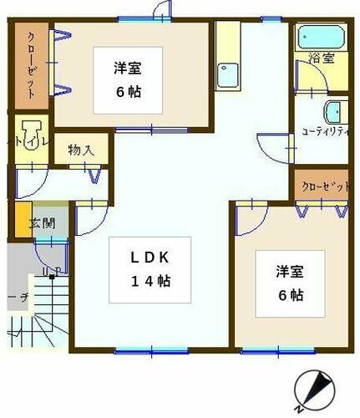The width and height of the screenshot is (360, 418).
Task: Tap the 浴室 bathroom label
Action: (x=321, y=59)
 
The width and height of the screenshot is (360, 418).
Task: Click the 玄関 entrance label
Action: (x=41, y=223)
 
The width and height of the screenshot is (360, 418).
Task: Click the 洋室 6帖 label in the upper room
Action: (x=128, y=78)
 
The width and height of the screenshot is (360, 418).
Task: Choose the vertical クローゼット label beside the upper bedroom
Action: (x=31, y=65)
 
